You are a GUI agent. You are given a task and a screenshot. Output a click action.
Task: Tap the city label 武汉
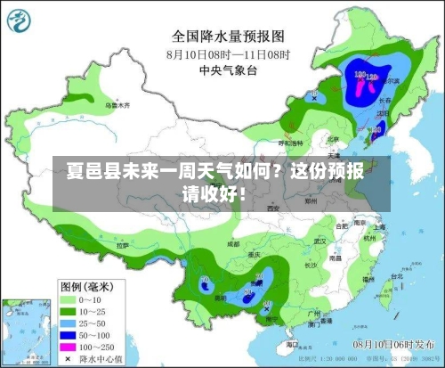tap(320, 240)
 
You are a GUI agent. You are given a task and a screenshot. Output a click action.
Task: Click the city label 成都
tap(233, 242)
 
